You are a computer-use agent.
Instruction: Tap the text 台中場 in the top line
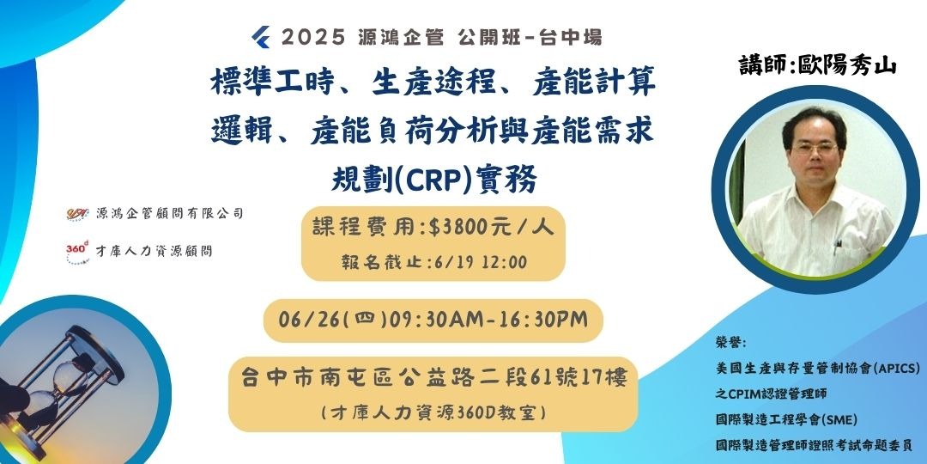(573, 37)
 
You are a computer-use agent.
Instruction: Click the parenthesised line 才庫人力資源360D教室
(433, 412)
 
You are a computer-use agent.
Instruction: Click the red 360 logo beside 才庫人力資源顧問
(76, 250)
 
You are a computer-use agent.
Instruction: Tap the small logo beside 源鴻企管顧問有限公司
(77, 212)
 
